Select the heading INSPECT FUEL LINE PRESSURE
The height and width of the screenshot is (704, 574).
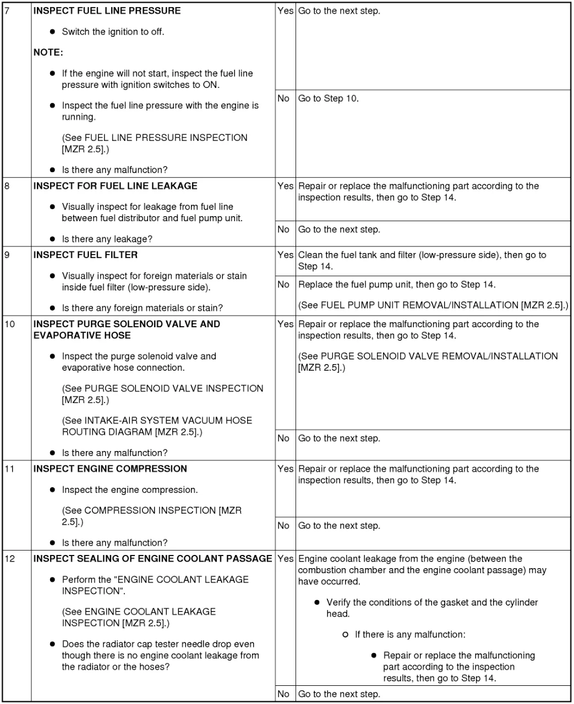(x=107, y=11)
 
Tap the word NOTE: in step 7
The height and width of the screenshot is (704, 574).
(x=48, y=53)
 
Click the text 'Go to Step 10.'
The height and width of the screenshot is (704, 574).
(x=328, y=99)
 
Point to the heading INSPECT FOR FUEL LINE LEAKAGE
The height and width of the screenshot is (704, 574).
(x=115, y=186)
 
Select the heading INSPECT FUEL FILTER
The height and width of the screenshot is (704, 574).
(x=85, y=255)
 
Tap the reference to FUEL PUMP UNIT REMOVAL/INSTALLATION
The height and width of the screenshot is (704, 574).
(x=433, y=305)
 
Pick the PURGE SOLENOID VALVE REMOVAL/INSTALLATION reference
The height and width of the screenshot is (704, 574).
(x=428, y=362)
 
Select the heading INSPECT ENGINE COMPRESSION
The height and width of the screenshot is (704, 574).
(x=110, y=469)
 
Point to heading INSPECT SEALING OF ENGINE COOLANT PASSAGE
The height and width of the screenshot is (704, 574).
(x=152, y=559)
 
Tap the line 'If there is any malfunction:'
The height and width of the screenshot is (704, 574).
(x=410, y=635)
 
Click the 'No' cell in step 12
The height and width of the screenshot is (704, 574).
(x=283, y=694)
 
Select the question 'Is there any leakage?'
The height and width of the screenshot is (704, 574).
(x=107, y=239)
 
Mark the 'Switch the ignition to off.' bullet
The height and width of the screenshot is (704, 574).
(x=113, y=32)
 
